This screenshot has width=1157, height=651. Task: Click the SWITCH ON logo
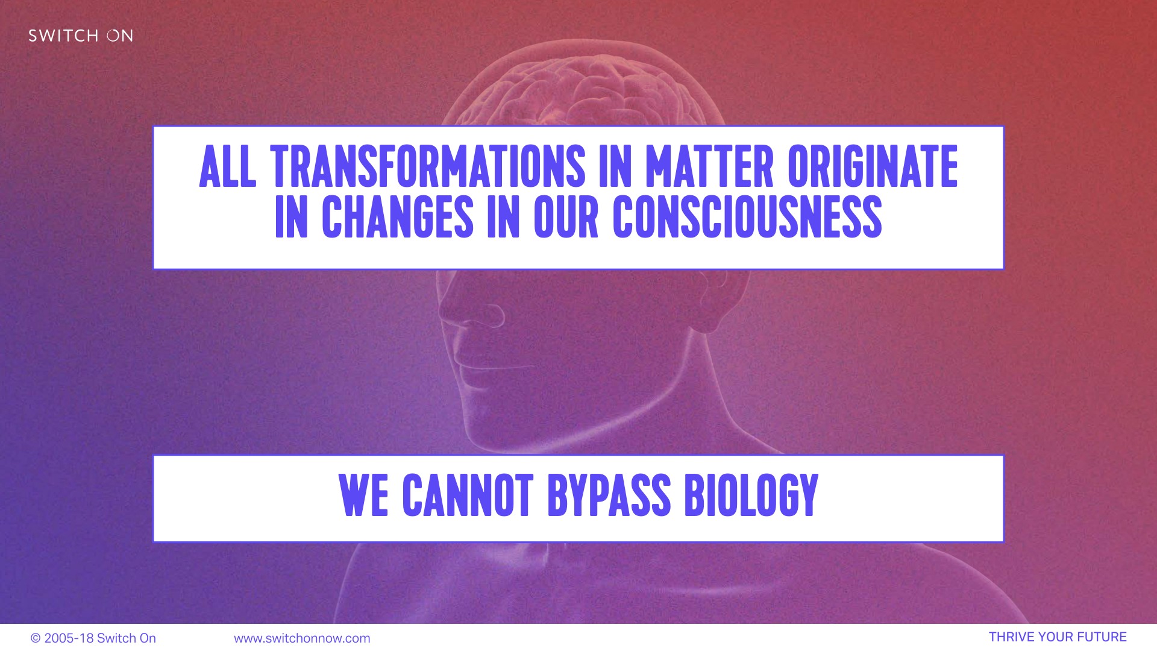[81, 36]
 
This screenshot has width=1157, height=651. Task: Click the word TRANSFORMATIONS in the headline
[427, 166]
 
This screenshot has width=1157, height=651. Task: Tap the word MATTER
[709, 166]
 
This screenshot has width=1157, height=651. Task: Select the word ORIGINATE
[873, 166]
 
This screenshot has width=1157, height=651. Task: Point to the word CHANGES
[398, 216]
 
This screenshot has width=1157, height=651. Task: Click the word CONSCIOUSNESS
[747, 216]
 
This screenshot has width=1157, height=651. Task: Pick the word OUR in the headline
[566, 216]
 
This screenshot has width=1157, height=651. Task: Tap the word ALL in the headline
[227, 166]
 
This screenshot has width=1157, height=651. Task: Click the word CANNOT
[468, 495]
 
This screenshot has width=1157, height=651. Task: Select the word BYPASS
[609, 495]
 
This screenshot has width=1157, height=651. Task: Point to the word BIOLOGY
[751, 495]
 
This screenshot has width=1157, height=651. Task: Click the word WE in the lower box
[363, 495]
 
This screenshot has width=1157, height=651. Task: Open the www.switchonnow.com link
[302, 638]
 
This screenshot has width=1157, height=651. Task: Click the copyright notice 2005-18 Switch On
[93, 638]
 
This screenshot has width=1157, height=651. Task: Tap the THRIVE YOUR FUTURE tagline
[1058, 637]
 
